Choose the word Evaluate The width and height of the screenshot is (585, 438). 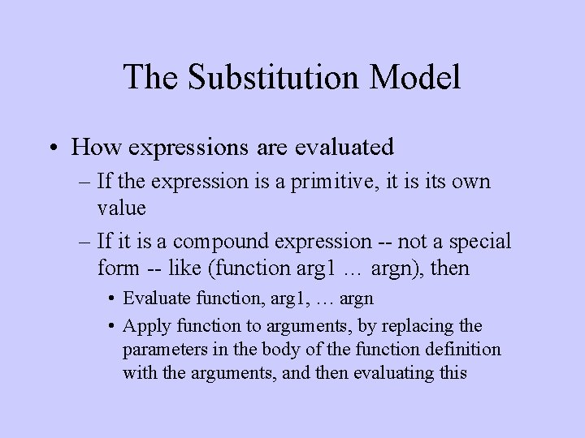(154, 298)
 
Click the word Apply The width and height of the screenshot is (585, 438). (143, 325)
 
